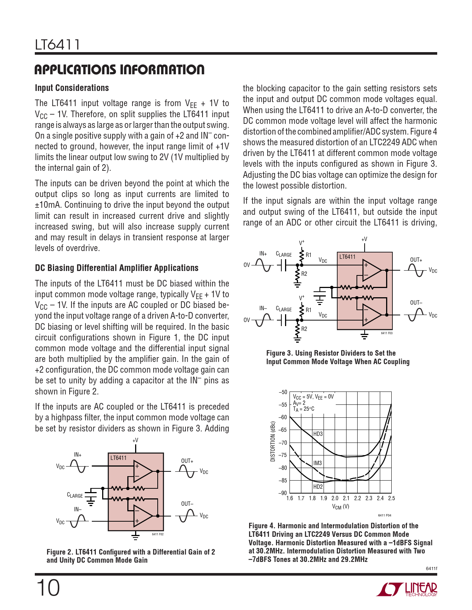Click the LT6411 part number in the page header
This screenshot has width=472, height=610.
coord(57,45)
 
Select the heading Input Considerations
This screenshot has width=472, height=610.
coord(72,88)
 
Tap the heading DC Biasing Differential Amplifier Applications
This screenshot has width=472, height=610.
coord(117,268)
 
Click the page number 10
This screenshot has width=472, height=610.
coord(48,588)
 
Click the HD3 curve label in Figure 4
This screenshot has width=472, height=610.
coord(318,434)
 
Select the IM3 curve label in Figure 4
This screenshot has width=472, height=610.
coord(317,463)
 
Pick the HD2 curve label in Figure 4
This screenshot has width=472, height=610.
coord(318,487)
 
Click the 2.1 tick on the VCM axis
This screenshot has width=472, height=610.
coord(346,498)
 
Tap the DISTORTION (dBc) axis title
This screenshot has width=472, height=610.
coord(273,441)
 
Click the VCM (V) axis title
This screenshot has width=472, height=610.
coord(340,507)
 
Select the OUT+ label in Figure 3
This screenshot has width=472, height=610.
coord(416,260)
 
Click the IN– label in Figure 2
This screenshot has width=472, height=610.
coord(78,509)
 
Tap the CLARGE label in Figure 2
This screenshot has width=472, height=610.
coord(75,495)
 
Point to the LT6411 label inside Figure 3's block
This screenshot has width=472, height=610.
coord(347,257)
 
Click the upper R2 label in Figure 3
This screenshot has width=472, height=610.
coord(304,274)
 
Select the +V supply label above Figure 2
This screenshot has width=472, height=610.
coord(135,440)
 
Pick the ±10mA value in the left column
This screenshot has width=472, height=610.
coord(48,205)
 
